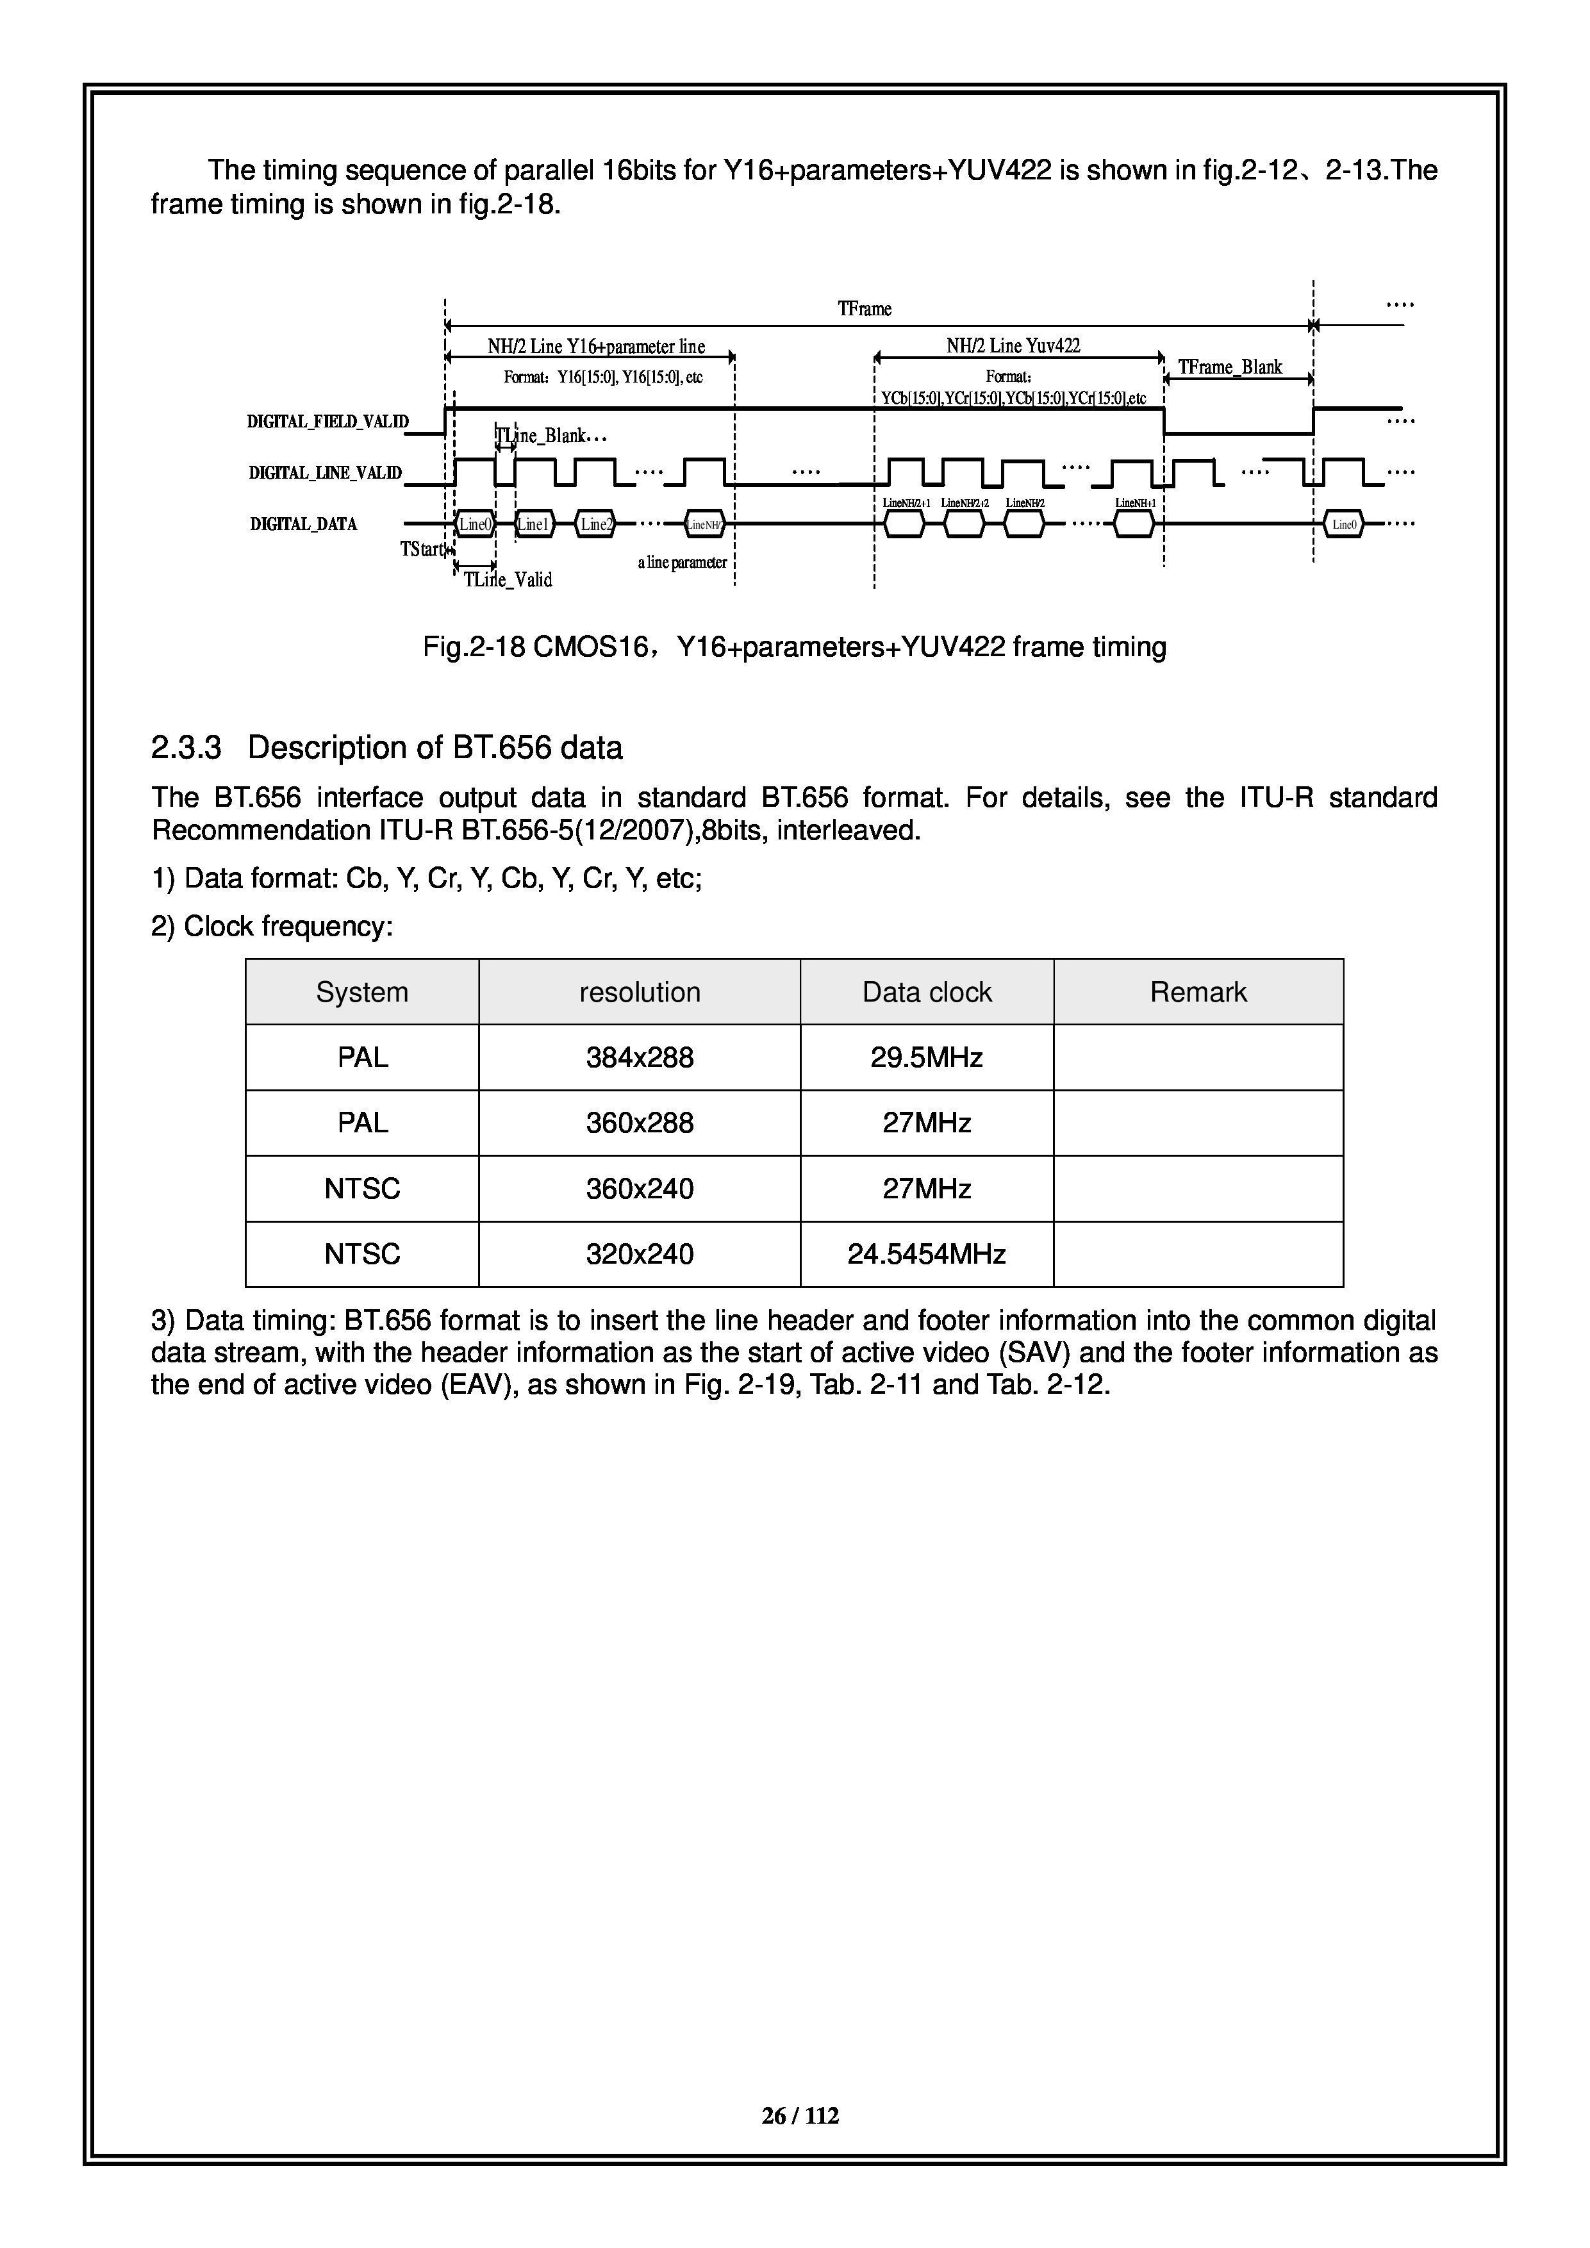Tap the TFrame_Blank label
1230,367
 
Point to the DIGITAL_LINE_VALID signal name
325,474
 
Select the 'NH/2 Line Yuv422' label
1013,345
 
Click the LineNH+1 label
1136,503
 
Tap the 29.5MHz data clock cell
926,1057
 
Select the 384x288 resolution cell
640,1057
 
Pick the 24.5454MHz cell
926,1254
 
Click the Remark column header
1198,992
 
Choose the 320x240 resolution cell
640,1254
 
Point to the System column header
361,992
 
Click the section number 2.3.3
186,748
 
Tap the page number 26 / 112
800,2116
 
